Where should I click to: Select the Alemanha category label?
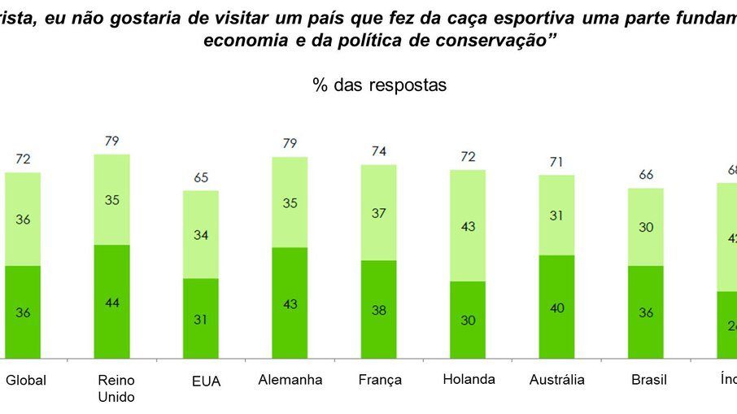coord(290,380)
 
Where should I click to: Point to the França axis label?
coord(380,380)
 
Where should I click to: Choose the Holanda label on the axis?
coord(469,379)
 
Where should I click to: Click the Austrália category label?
coord(557,380)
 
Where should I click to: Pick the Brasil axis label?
coord(648,380)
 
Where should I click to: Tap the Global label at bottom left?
coord(26,380)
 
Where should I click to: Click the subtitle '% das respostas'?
coord(379,85)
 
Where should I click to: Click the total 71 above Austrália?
coord(556,161)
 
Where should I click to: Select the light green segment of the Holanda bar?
coord(468,225)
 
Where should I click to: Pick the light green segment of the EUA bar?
coord(201,234)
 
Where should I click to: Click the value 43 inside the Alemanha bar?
coord(290,303)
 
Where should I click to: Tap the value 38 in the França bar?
coord(379,310)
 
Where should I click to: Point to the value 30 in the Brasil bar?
coord(646,228)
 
